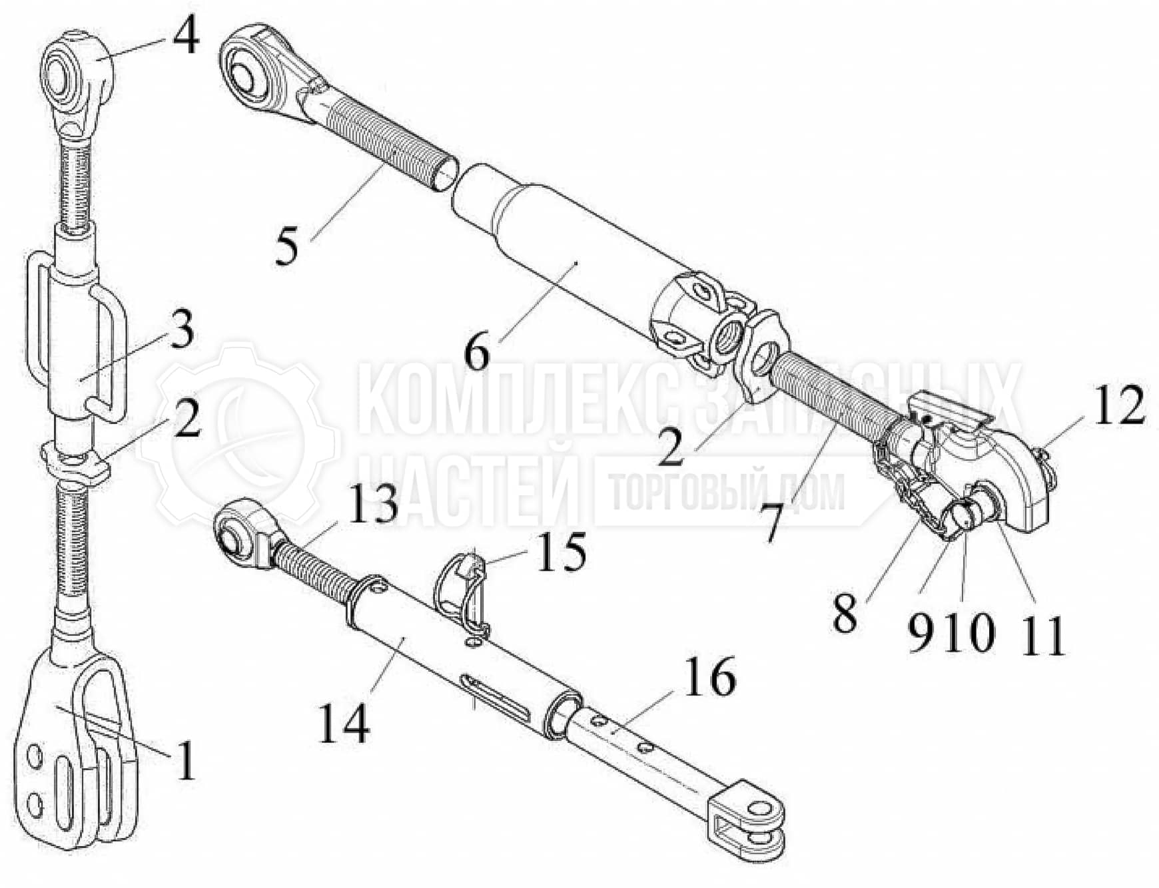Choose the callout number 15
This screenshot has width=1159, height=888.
[562, 551]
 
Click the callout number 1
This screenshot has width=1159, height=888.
[185, 760]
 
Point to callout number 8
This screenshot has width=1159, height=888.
[845, 614]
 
